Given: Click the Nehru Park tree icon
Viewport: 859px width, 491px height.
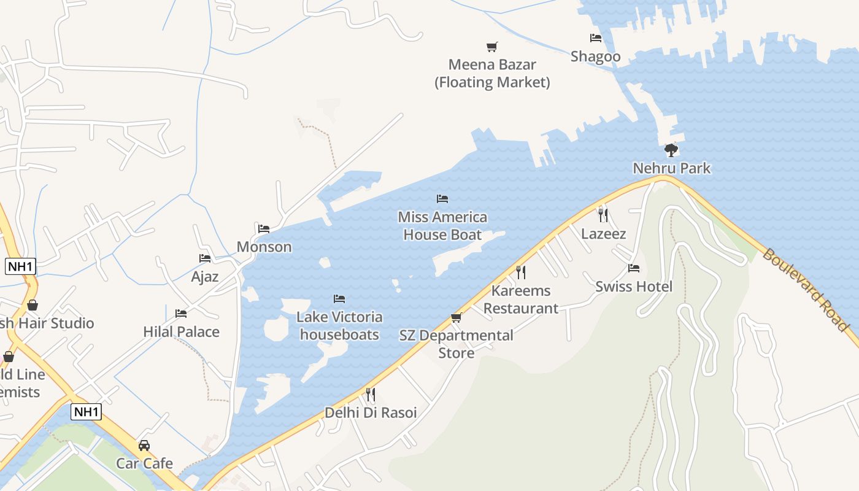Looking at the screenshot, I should (x=671, y=150).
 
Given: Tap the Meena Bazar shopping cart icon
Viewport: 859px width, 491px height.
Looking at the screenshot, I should (x=491, y=47).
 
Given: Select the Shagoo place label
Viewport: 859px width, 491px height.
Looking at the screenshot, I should (x=595, y=56).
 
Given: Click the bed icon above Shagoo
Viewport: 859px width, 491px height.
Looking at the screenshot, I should (x=595, y=38).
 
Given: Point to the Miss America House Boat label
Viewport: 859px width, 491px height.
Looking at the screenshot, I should (x=442, y=226).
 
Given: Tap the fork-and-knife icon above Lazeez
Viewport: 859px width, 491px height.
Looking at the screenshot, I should (x=603, y=215).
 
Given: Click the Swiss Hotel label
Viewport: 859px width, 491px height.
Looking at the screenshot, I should (x=634, y=287).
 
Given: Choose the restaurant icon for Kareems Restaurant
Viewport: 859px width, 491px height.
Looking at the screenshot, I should (x=520, y=272).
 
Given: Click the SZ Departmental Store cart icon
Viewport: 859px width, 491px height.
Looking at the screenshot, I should (x=456, y=317).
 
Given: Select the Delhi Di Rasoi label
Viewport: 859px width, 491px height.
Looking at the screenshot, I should (x=371, y=412).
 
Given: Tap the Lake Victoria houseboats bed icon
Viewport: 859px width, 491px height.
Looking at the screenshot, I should (x=339, y=299).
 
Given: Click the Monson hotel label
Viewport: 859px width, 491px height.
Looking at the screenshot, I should (x=264, y=247).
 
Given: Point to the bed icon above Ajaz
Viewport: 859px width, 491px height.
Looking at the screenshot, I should (x=205, y=258).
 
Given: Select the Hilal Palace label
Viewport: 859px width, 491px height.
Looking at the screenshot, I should (x=181, y=331).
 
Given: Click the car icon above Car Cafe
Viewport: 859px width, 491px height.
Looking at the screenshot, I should (x=144, y=445).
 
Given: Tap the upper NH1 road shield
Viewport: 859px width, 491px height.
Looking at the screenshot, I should (x=20, y=266).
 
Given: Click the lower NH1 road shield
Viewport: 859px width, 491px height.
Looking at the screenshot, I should (x=86, y=412).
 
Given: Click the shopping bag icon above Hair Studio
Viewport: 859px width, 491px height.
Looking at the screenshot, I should (x=32, y=305).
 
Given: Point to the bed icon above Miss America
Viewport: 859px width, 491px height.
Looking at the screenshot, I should (x=442, y=198).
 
